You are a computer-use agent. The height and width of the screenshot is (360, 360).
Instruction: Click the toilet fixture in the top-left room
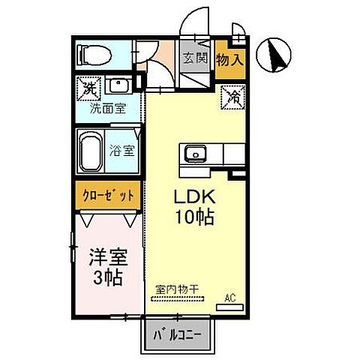point(93,55)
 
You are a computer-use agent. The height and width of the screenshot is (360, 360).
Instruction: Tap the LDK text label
point(196,197)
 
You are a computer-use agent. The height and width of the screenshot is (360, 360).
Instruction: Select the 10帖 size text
point(196,218)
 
